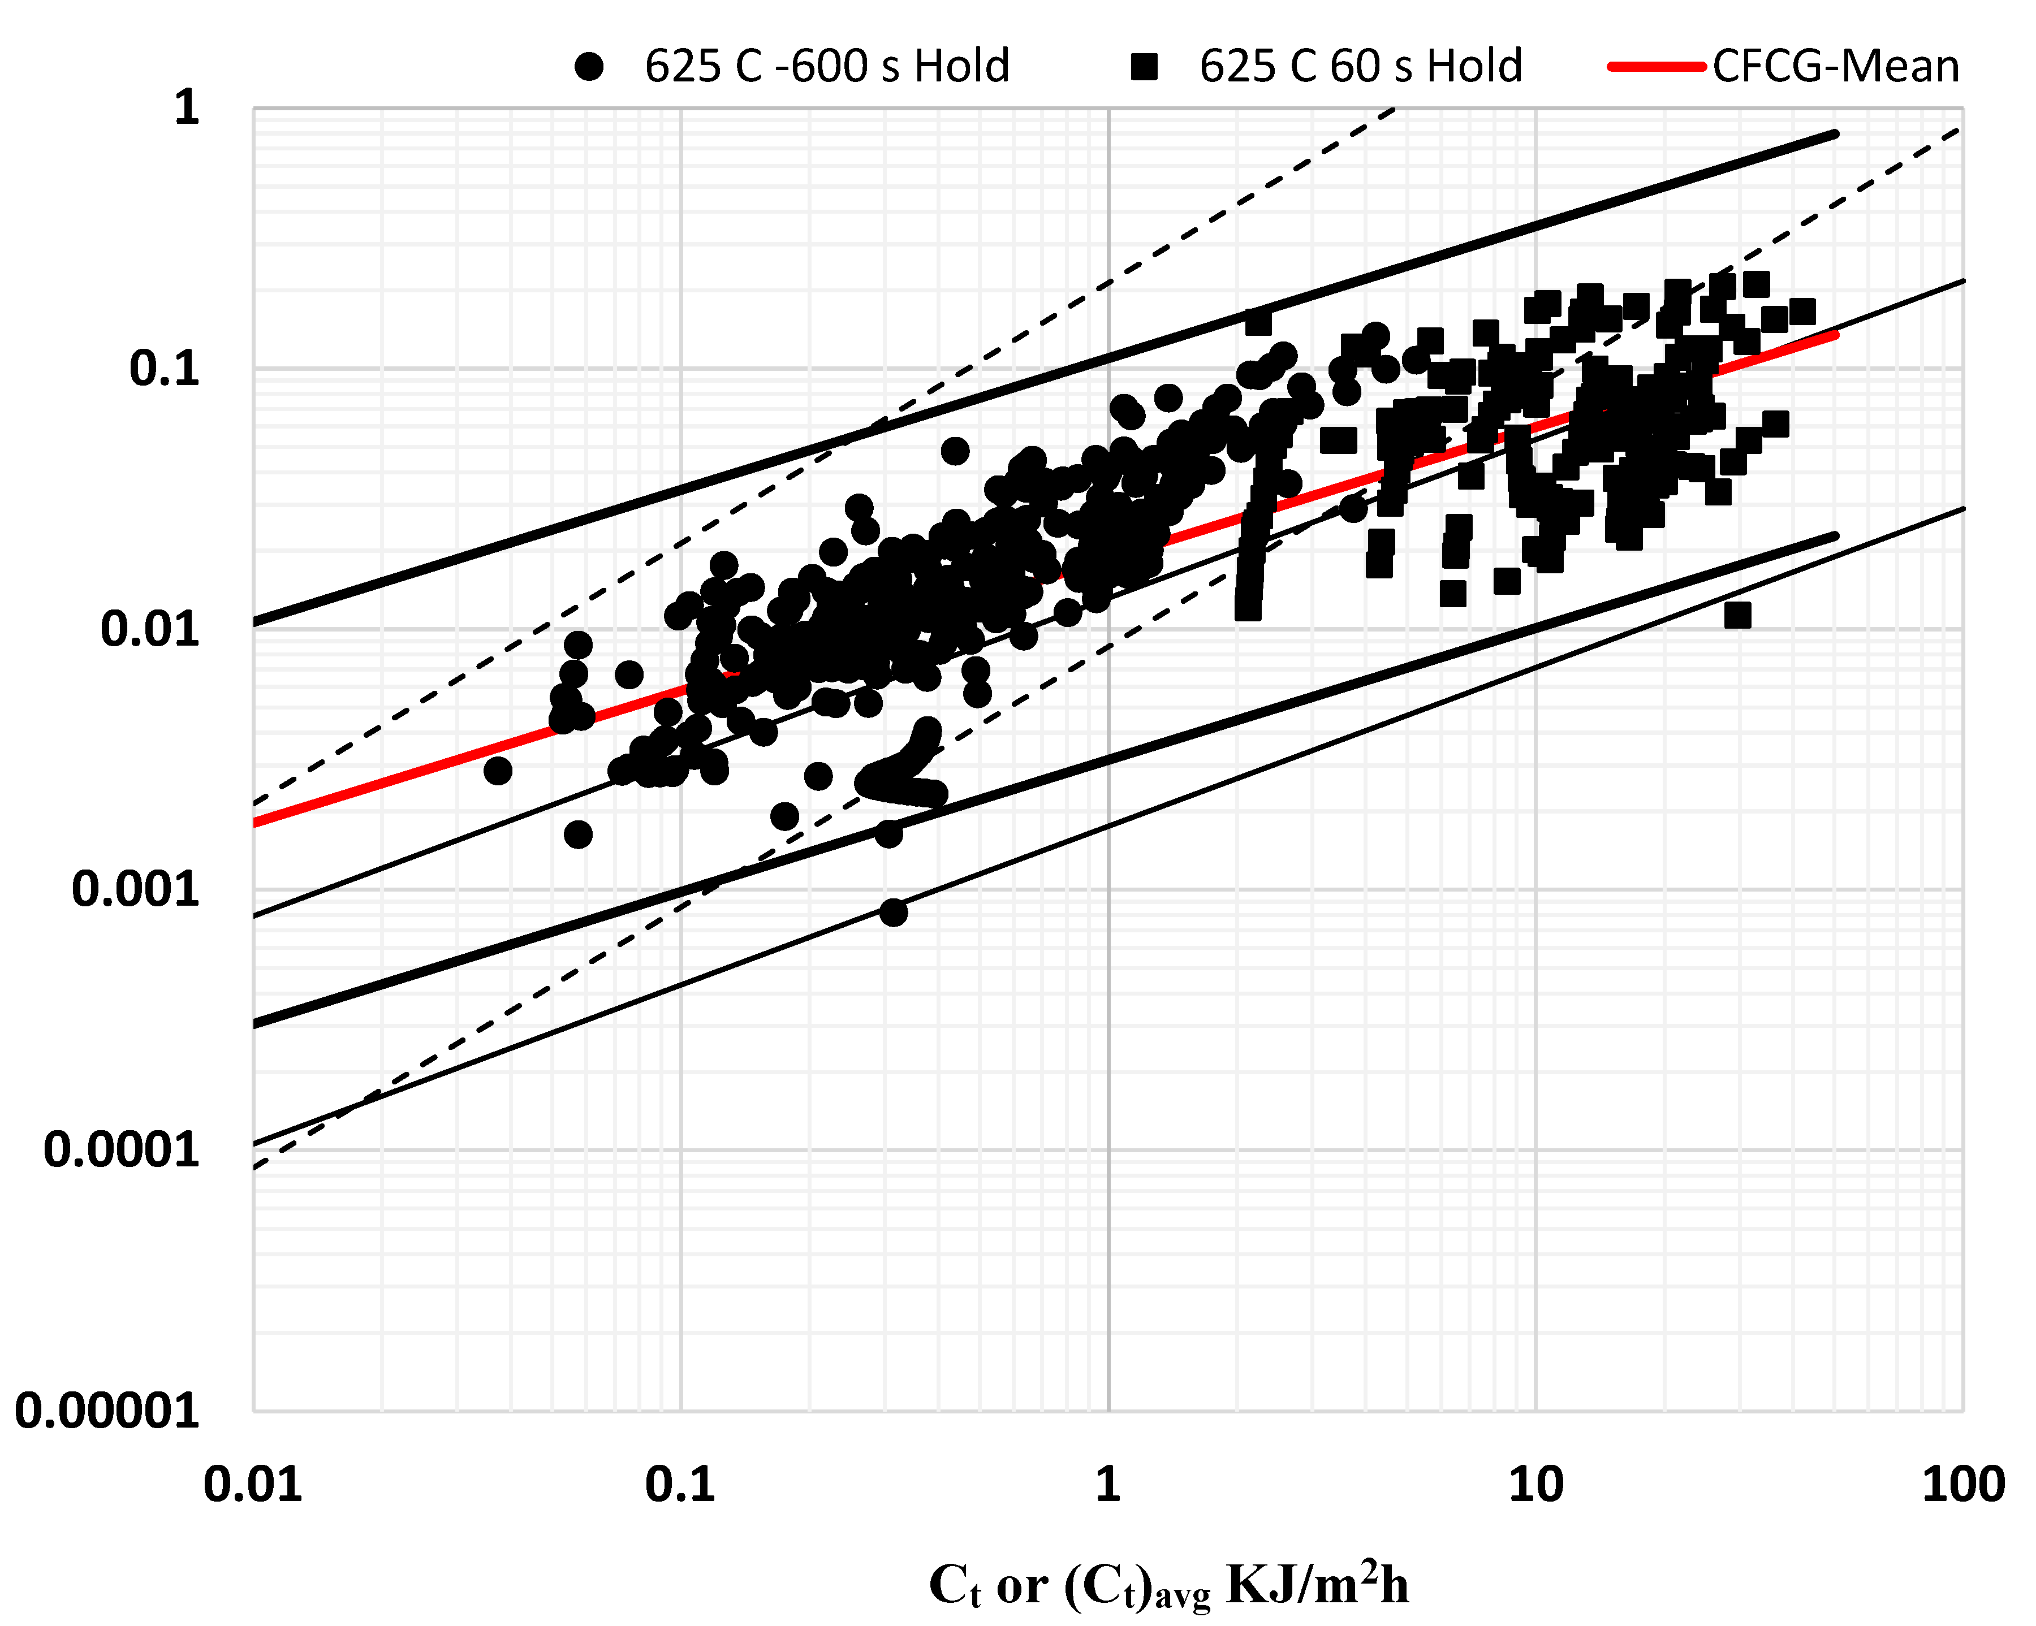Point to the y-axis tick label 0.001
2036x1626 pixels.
pyautogui.click(x=136, y=889)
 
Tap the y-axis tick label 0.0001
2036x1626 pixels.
pyautogui.click(x=122, y=1150)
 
